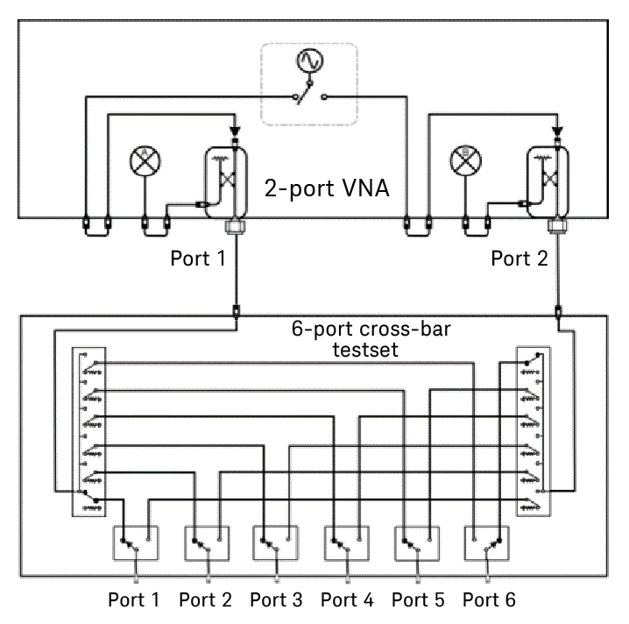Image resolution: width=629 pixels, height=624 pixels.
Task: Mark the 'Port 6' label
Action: pos(491,600)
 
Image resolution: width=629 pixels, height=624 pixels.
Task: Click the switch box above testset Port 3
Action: pos(276,542)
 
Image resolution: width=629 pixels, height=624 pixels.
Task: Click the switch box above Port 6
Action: pos(487,542)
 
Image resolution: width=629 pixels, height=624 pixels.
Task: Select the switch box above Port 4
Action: pos(346,542)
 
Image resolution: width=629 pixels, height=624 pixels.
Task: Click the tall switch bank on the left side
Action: pos(83,432)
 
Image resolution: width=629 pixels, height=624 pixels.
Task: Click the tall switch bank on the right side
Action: pos(534,432)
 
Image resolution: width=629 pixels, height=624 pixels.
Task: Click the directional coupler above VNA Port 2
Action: pos(549,178)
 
